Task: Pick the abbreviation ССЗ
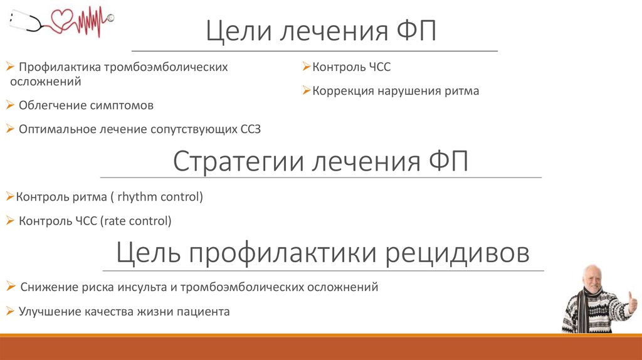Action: (251, 129)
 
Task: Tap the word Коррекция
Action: (342, 91)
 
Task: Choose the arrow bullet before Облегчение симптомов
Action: (10, 105)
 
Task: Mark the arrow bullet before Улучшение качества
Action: (10, 310)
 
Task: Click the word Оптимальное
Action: (57, 129)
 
